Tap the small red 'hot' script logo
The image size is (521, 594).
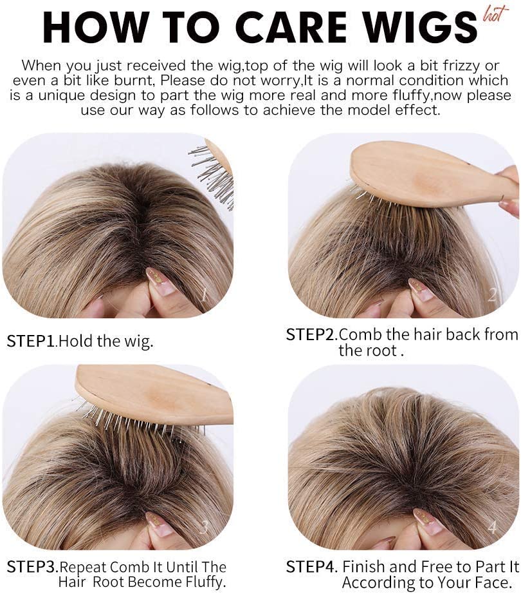coord(495,14)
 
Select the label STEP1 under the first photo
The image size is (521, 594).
coord(32,341)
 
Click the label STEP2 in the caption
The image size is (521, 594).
coord(311,334)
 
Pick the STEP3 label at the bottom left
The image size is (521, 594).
coord(32,567)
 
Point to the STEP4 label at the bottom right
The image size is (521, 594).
coord(311,567)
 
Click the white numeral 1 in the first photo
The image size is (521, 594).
coord(204,294)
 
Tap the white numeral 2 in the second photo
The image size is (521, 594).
coord(492,294)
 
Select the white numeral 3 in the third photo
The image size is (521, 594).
coord(204,526)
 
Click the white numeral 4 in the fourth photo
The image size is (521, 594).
coord(492,526)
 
